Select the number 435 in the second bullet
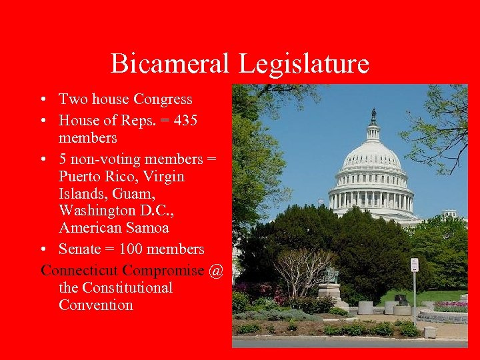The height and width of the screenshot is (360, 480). [183, 121]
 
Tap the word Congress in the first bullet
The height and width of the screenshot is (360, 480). [163, 99]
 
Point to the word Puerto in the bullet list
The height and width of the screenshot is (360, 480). [80, 177]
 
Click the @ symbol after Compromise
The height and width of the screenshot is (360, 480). [215, 271]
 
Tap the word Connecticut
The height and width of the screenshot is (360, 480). [81, 271]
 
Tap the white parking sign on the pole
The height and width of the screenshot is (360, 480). [414, 265]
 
